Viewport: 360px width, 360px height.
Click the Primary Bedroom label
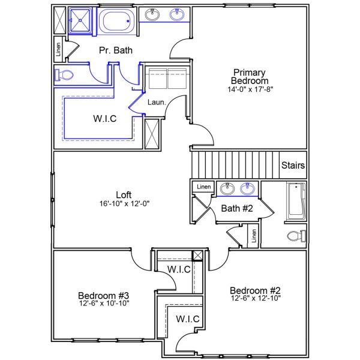click(x=250, y=76)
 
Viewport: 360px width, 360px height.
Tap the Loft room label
click(x=124, y=194)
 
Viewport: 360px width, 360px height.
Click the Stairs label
click(x=293, y=166)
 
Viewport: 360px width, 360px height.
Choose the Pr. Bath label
click(x=116, y=50)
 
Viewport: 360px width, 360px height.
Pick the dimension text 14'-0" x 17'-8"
click(x=250, y=89)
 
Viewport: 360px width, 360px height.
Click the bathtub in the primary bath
click(x=118, y=22)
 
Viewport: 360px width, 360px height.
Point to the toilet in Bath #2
click(x=295, y=235)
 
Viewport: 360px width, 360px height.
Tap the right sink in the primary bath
click(x=177, y=15)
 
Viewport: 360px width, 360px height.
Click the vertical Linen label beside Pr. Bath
click(x=58, y=50)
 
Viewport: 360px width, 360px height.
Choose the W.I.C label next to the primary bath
click(x=104, y=119)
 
